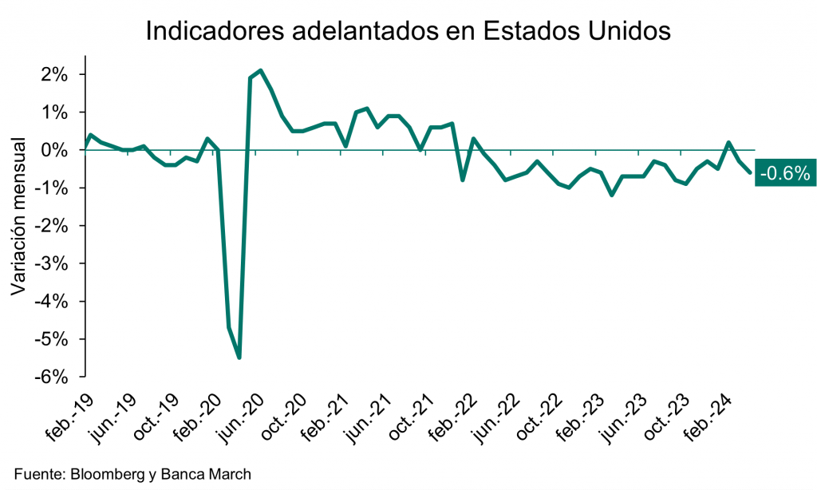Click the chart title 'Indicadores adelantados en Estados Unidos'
pyautogui.click(x=408, y=31)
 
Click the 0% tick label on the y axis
pyautogui.click(x=56, y=150)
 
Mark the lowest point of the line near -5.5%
pyautogui.click(x=239, y=358)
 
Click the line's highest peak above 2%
pyautogui.click(x=261, y=70)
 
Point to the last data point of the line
pyautogui.click(x=749, y=172)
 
